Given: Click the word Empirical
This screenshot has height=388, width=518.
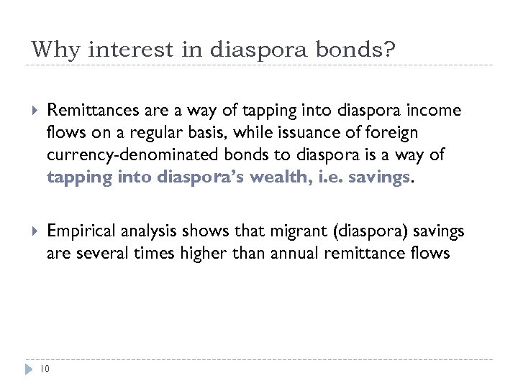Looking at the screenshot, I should (x=76, y=231).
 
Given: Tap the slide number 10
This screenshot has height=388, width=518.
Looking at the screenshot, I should (x=45, y=369).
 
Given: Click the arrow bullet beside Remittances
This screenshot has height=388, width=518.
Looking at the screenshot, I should (x=29, y=111).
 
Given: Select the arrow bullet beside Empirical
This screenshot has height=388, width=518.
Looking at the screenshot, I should (x=29, y=231).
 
